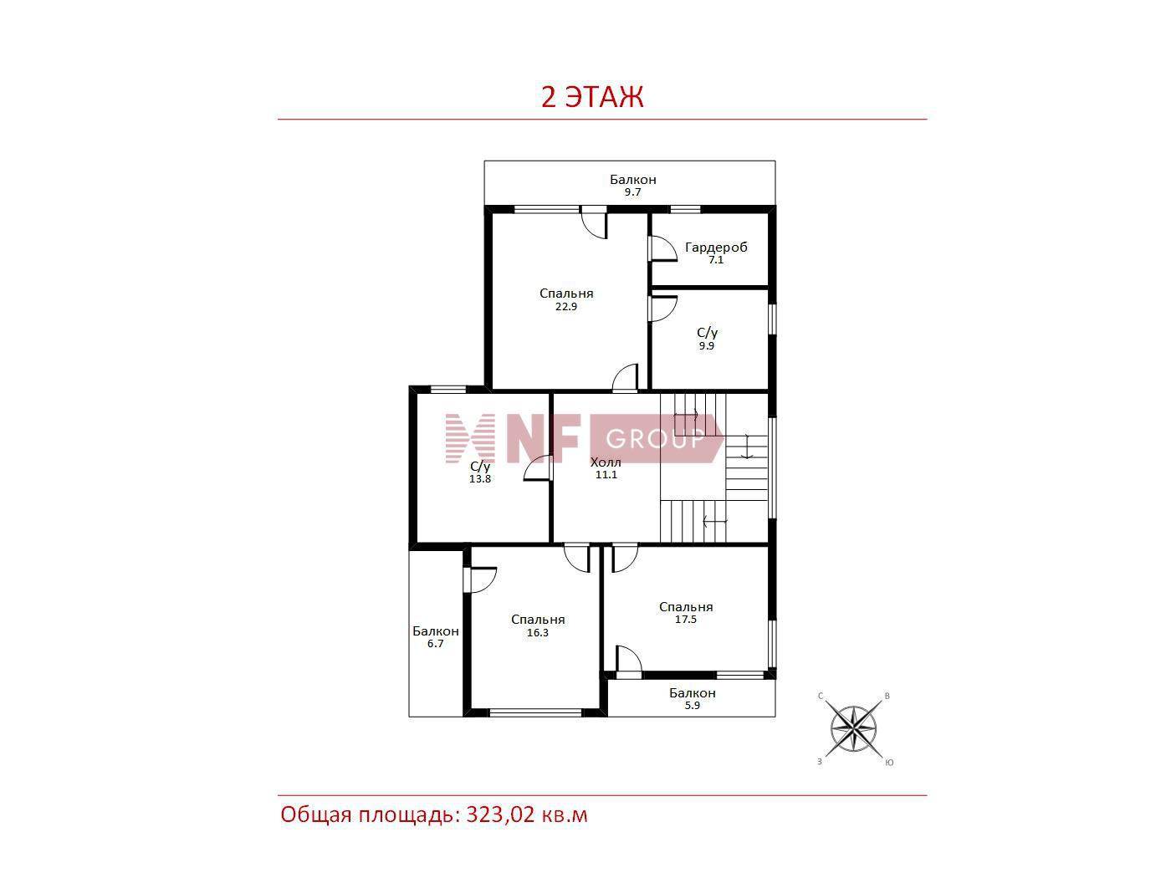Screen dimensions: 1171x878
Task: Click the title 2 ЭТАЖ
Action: click(592, 97)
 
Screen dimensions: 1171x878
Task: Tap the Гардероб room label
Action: click(716, 248)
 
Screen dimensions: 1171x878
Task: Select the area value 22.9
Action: click(566, 307)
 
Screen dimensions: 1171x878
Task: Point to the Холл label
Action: click(606, 462)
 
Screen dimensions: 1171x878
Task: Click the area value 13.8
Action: click(480, 478)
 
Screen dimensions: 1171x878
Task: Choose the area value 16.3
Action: click(538, 633)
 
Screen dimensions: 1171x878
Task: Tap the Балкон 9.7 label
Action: click(633, 185)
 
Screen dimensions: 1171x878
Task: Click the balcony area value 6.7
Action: click(435, 643)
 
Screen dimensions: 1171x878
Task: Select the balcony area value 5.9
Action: click(692, 705)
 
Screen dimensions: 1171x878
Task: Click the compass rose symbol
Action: click(854, 728)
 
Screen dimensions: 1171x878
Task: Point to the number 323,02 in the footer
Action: click(500, 815)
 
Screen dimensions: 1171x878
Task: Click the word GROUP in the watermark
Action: click(655, 439)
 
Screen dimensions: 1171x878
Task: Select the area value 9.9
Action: click(707, 345)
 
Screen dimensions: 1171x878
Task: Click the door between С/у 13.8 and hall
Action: click(538, 468)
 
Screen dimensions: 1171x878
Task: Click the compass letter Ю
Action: click(889, 763)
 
